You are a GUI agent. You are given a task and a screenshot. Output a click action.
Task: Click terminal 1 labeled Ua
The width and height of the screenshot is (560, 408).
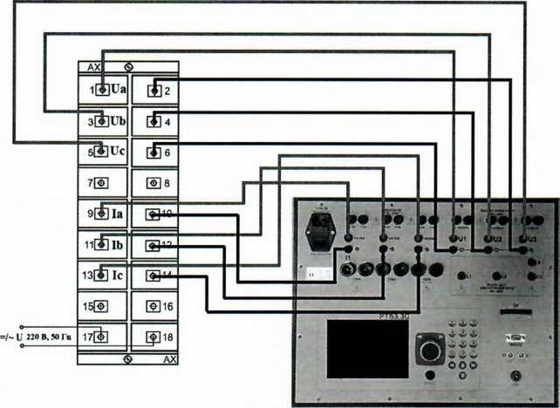coord(103,89)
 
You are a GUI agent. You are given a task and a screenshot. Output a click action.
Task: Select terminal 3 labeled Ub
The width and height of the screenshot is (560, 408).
coord(103,120)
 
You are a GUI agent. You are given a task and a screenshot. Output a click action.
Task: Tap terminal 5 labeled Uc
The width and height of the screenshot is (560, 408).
coord(103,151)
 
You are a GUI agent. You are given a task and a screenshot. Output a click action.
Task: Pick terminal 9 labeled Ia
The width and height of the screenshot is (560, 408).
coord(103,213)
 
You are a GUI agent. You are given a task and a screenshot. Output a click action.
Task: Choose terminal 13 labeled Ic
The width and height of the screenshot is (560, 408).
coord(103,275)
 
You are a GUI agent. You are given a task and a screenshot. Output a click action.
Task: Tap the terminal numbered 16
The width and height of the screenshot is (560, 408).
coord(154,307)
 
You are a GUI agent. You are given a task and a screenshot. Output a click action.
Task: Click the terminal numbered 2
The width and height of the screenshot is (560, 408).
coord(154,89)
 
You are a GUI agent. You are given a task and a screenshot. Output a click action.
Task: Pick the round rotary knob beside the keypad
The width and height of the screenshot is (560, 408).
coord(428,350)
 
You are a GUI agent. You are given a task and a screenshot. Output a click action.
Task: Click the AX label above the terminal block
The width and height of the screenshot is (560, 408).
coord(94,66)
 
